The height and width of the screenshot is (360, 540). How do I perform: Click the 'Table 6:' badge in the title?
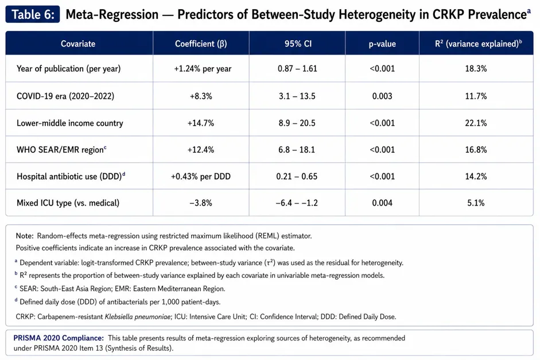pyautogui.click(x=33, y=14)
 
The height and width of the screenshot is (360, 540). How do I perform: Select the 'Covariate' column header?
pyautogui.click(x=78, y=44)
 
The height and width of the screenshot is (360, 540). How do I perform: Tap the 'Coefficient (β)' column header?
pyautogui.click(x=201, y=44)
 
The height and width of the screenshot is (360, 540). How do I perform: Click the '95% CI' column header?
pyautogui.click(x=298, y=44)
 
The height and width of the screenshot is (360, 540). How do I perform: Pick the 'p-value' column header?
pyautogui.click(x=382, y=44)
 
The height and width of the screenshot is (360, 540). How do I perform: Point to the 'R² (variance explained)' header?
pyautogui.click(x=479, y=44)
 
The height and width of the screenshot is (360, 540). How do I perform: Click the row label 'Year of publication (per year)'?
pyautogui.click(x=68, y=68)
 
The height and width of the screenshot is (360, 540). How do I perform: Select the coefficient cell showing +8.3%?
pyautogui.click(x=201, y=96)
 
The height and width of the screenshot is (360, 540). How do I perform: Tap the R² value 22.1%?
pyautogui.click(x=476, y=123)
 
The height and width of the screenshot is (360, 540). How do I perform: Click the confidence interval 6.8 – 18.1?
pyautogui.click(x=297, y=150)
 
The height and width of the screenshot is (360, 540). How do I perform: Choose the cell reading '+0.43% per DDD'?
pyautogui.click(x=201, y=176)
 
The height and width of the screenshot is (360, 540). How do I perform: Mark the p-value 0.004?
pyautogui.click(x=382, y=203)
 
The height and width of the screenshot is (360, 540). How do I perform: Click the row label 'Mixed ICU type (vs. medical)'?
pyautogui.click(x=68, y=203)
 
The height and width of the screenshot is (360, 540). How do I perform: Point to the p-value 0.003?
pyautogui.click(x=382, y=96)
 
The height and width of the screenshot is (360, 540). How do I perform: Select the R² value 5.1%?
pyautogui.click(x=476, y=203)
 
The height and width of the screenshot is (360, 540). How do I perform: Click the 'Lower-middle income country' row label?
pyautogui.click(x=69, y=123)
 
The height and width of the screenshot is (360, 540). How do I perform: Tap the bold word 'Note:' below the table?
pyautogui.click(x=25, y=236)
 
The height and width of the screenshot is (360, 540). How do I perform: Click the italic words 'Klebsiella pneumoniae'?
pyautogui.click(x=138, y=316)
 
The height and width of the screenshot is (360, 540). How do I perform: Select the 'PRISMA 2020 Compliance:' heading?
pyautogui.click(x=59, y=338)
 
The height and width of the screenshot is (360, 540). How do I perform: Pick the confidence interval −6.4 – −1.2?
pyautogui.click(x=297, y=203)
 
